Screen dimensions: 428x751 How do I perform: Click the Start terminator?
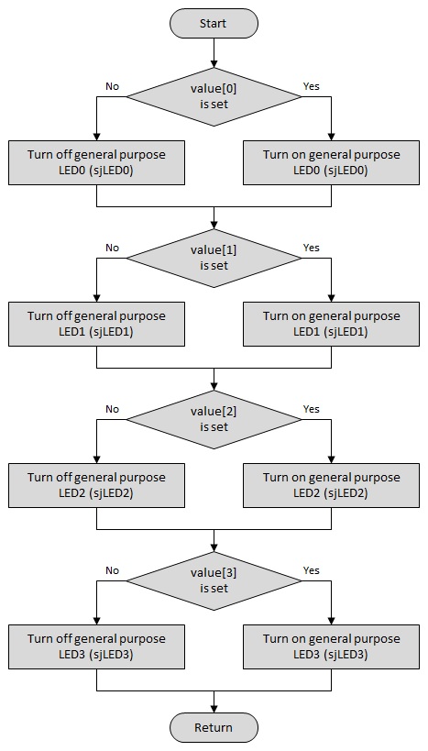214,23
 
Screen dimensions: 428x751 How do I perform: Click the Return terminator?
214,727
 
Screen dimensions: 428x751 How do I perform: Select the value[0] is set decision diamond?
214,97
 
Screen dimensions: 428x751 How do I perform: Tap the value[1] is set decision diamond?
214,259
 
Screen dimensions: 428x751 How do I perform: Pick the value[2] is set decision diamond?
214,420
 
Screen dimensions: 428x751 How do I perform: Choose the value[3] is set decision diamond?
214,581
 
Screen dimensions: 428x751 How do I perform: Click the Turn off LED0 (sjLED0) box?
96,162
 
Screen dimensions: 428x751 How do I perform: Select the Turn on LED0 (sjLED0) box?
331,162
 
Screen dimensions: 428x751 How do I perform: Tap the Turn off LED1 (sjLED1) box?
96,324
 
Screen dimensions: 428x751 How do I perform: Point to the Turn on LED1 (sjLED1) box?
331,324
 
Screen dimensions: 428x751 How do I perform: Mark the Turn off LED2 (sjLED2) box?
96,485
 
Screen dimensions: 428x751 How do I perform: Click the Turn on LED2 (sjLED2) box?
331,485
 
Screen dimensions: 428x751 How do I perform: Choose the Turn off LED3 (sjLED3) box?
96,646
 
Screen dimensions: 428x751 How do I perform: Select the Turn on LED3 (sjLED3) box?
331,646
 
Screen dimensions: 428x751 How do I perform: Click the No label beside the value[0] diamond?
112,87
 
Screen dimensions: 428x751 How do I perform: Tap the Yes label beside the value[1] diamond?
312,248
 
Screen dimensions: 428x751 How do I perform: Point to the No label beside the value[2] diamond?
112,409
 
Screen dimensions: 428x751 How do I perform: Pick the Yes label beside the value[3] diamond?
312,570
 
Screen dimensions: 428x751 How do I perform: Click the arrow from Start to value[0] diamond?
214,52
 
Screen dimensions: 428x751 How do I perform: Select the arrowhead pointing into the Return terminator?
214,709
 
